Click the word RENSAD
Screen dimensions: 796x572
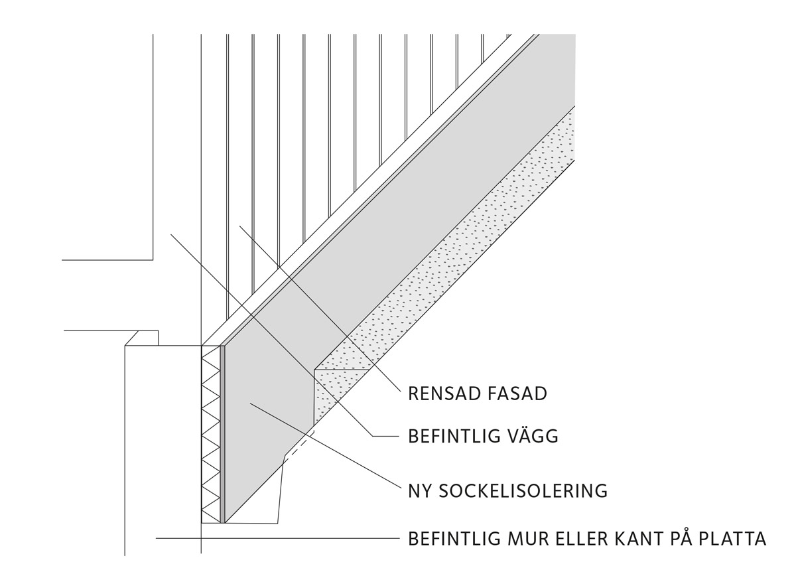[x=445, y=393]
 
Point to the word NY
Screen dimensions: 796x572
[x=419, y=491]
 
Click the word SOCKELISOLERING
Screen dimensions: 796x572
[x=523, y=491]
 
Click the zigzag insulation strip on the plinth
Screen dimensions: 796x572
[x=211, y=434]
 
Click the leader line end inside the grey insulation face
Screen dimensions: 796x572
[x=250, y=403]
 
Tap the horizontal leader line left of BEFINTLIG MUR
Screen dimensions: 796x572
[x=278, y=538]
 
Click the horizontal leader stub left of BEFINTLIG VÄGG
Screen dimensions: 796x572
[x=386, y=436]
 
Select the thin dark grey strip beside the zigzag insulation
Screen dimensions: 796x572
[x=222, y=434]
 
